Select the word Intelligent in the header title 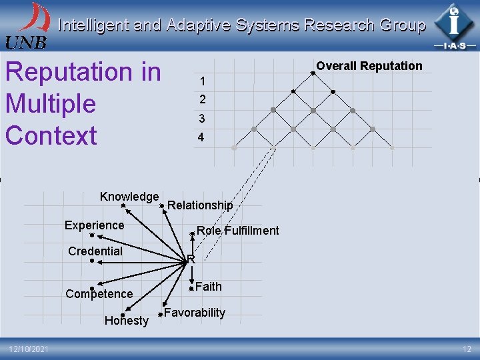coord(93,25)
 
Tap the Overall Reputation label coord(369,65)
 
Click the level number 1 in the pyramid coord(201,82)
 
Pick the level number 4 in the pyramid coord(201,139)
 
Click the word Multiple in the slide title coord(51,104)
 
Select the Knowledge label coord(129,197)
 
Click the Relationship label coord(200,205)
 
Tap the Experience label coord(94,225)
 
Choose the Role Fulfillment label coord(237,231)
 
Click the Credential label coord(95,251)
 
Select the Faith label coord(209,287)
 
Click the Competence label coord(99,294)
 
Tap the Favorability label coord(195,313)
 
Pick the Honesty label coord(127,321)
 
